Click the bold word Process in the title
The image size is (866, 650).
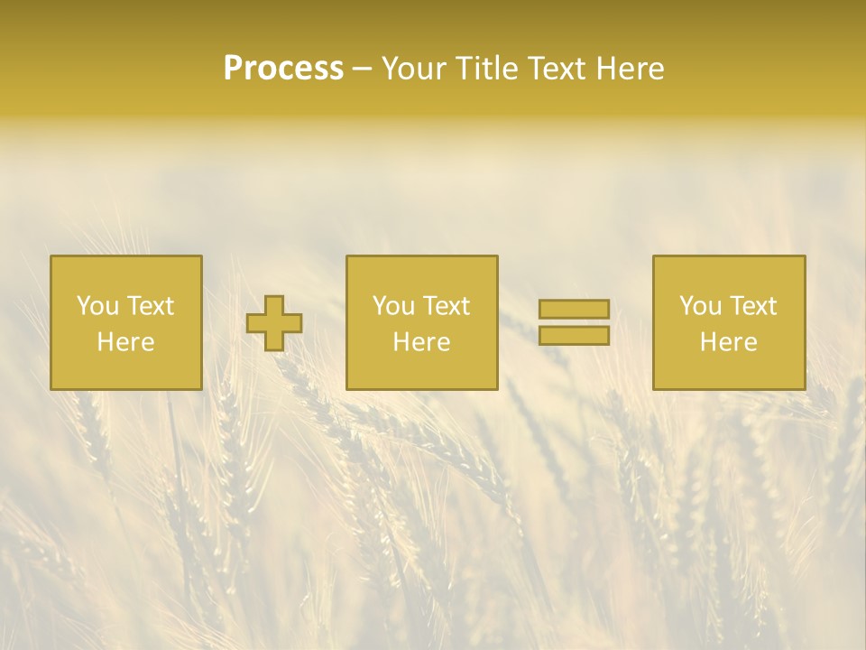click(283, 69)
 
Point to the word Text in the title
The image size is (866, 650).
click(561, 69)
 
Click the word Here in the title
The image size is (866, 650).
click(631, 69)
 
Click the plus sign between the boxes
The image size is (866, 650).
click(274, 323)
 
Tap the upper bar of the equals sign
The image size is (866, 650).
click(574, 309)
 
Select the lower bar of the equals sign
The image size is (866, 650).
click(574, 336)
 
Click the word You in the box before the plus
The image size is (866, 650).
click(97, 306)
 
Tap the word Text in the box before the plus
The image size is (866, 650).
click(150, 306)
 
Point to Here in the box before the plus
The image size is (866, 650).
click(126, 342)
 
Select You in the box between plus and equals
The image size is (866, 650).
click(393, 306)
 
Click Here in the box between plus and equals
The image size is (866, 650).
click(422, 342)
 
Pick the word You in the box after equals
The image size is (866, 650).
click(700, 306)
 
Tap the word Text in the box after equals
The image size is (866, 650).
click(752, 306)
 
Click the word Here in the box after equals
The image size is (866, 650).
click(729, 342)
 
